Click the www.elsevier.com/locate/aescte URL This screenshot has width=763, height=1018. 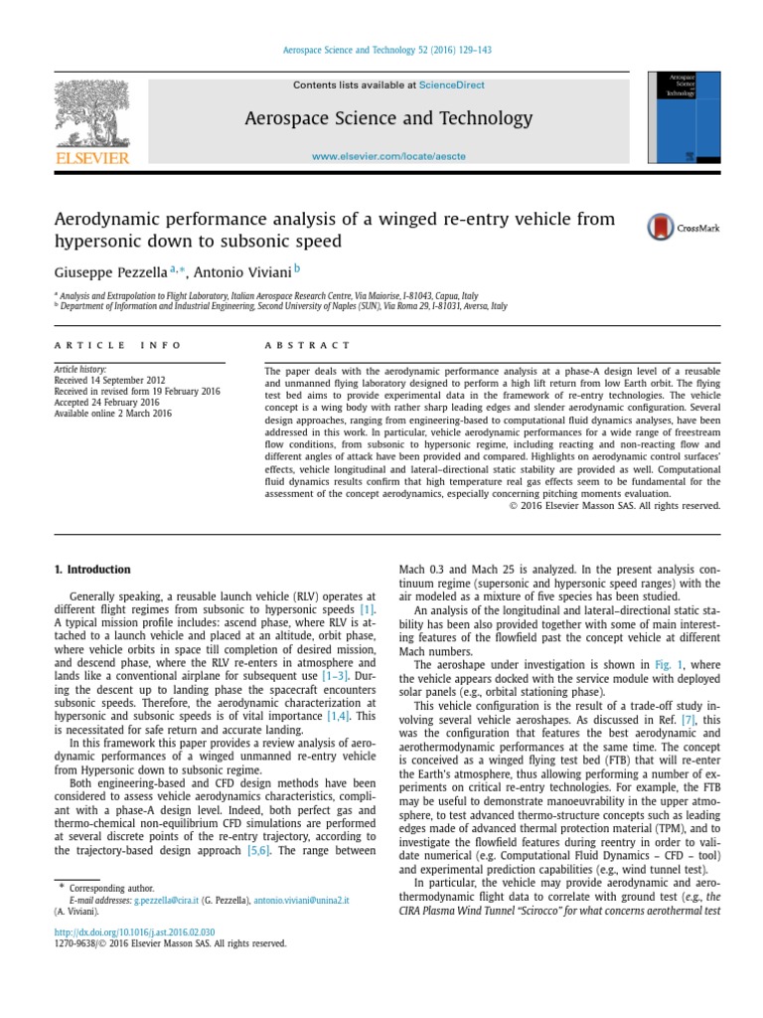pyautogui.click(x=388, y=156)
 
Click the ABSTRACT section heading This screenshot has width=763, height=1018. pyautogui.click(x=307, y=345)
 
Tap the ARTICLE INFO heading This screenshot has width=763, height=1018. pyautogui.click(x=117, y=345)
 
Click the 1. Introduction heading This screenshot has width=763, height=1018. pyautogui.click(x=91, y=570)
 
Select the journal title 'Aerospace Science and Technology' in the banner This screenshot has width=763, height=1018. pyautogui.click(x=388, y=119)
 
